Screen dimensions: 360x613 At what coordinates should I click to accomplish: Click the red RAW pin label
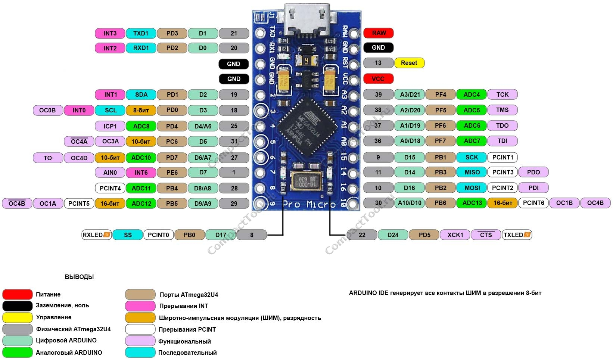pos(378,33)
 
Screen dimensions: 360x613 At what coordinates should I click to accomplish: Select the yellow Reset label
pos(409,63)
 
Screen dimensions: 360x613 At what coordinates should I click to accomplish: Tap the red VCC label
pos(378,79)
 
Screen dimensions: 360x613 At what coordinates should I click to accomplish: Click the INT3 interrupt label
pos(110,33)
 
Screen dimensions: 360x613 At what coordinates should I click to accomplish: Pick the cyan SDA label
pos(141,94)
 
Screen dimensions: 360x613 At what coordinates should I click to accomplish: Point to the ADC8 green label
pos(141,126)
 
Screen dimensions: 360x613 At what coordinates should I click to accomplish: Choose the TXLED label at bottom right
pos(517,235)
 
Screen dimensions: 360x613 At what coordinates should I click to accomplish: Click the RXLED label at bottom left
pos(96,235)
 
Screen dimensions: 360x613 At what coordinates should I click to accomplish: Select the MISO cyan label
pos(472,172)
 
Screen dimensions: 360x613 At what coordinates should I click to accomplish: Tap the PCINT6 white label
pos(533,203)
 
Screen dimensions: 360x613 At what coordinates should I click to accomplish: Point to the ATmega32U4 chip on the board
pos(306,127)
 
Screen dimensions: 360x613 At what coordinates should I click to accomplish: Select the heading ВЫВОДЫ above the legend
pos(79,277)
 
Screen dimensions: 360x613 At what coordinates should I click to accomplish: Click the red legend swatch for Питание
pos(17,294)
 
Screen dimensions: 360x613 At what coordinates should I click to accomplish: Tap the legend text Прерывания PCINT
pos(187,329)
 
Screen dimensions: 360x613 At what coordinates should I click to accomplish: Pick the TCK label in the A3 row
pos(502,94)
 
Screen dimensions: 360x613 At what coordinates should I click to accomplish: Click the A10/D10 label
pos(410,203)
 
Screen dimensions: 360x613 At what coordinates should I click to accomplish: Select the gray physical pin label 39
pos(378,94)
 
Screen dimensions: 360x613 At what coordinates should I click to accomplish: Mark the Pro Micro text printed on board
pos(309,204)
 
